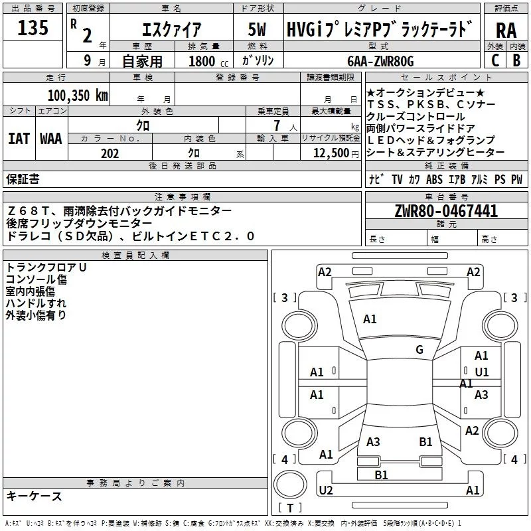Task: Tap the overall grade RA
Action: [x=506, y=31]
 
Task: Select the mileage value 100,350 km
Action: [x=78, y=95]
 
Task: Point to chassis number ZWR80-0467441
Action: [x=445, y=212]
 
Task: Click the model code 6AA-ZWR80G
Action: [x=380, y=61]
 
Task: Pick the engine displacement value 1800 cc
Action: [x=205, y=61]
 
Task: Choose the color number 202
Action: [x=110, y=153]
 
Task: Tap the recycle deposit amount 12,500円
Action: [x=331, y=153]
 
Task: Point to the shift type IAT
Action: [x=18, y=139]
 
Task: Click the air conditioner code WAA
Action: [x=50, y=139]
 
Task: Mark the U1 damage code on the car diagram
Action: [x=482, y=372]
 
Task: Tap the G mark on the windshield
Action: [x=419, y=350]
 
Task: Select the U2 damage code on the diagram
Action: [x=325, y=491]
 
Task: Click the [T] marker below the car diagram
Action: [x=290, y=508]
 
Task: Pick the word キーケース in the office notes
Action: [x=34, y=496]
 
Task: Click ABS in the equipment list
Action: [x=434, y=179]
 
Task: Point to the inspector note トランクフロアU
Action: [x=46, y=267]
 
